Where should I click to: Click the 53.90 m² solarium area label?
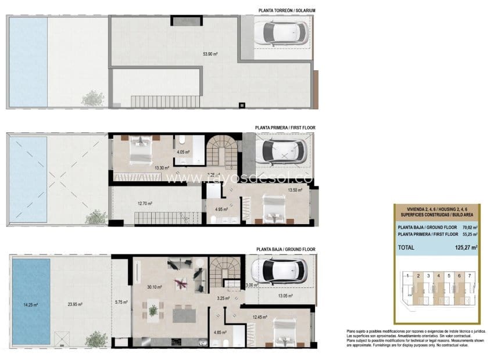point(210,54)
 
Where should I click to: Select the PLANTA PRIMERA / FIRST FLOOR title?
point(285,126)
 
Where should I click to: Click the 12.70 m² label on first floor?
point(145,203)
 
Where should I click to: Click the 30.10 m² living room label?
point(155,286)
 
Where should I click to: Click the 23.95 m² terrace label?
point(74,304)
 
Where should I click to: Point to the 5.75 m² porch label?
point(121,301)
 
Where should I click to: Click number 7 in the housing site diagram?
point(469,275)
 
